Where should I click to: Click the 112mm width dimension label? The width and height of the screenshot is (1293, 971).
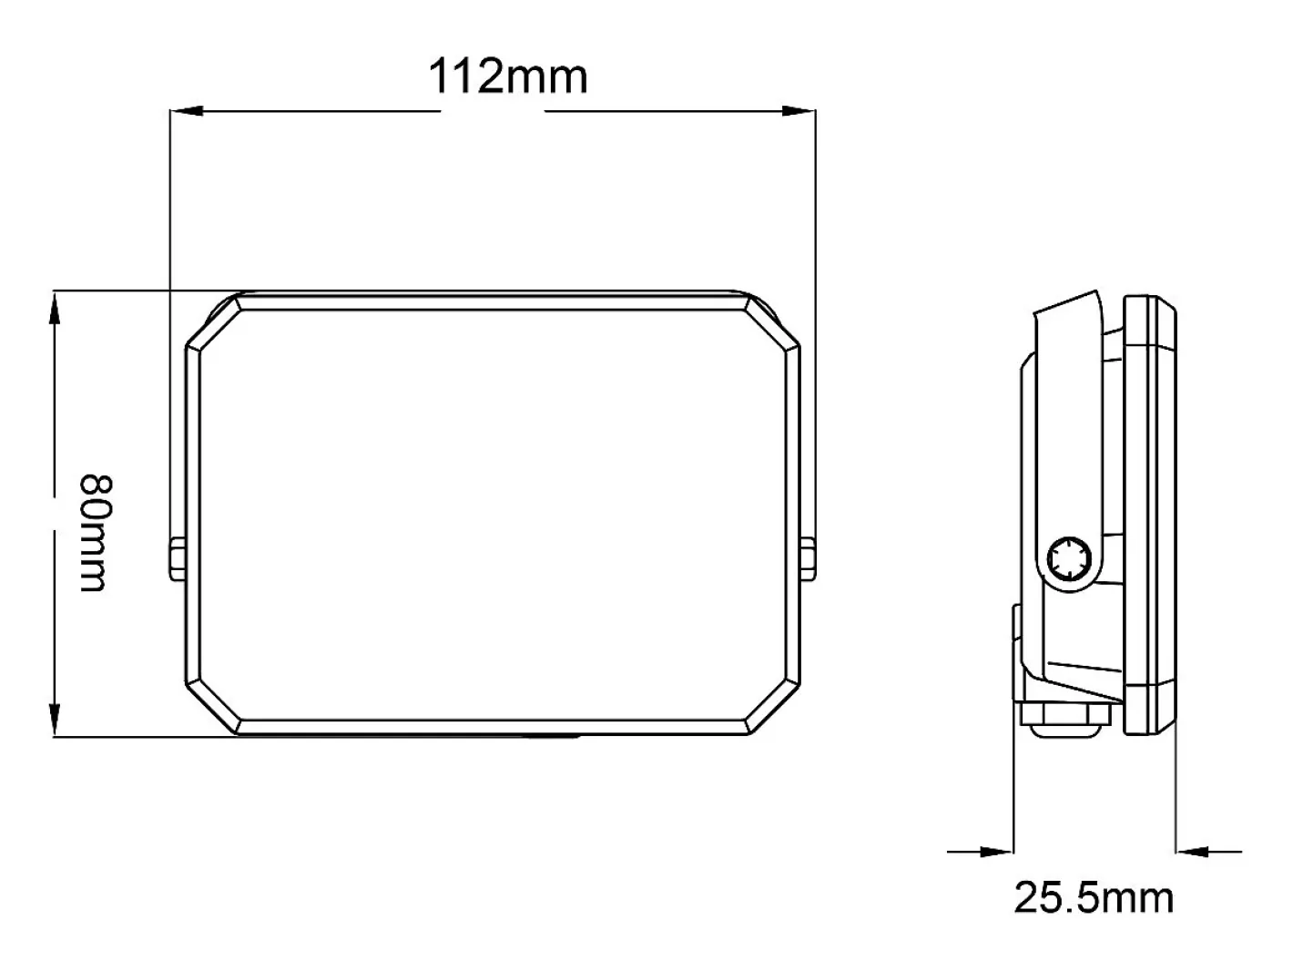[x=508, y=77]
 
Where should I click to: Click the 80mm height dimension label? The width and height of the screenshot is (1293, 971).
[x=95, y=533]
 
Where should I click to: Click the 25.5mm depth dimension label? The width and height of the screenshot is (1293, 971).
[x=1094, y=898]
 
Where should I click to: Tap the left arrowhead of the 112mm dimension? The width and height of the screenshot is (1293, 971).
[x=186, y=111]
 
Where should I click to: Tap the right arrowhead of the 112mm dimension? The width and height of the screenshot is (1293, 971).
[x=799, y=111]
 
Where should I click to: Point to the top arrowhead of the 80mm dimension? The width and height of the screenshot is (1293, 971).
[x=55, y=307]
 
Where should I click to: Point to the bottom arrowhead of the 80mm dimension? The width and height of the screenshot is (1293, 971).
[x=55, y=720]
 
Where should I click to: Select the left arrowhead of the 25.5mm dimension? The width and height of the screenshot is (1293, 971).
[x=996, y=852]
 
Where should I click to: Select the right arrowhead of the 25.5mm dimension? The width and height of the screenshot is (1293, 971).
[x=1192, y=852]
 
